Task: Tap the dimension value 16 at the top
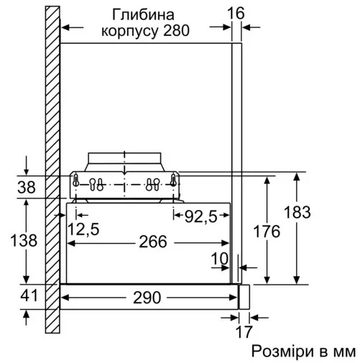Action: (237, 13)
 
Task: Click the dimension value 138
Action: (25, 241)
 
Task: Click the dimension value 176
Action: (267, 231)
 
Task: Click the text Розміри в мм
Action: (303, 351)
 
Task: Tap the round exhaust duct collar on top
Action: (125, 160)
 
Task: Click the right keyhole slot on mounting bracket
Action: (154, 183)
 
